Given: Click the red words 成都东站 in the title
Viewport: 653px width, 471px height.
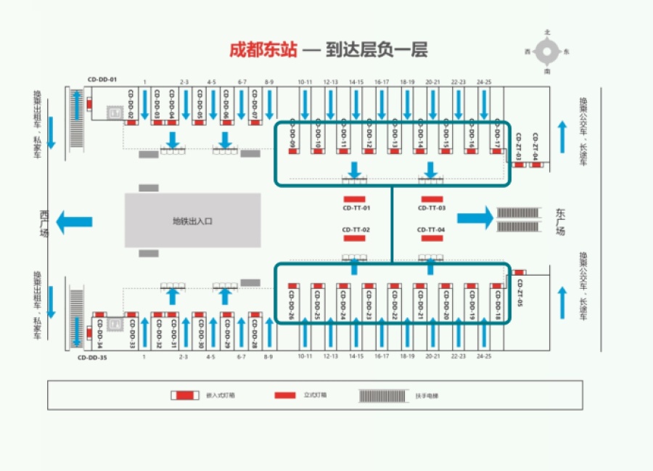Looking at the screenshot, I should tap(263, 50).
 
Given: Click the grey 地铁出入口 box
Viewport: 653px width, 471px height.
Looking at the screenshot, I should tap(192, 220).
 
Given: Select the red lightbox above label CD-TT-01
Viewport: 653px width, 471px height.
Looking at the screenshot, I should tap(354, 199).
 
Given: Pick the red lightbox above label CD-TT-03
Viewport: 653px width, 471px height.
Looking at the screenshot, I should tap(432, 199).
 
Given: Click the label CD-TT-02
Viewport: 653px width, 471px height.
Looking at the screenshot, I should tap(356, 230).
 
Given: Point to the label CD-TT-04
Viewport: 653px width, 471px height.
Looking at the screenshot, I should tap(431, 230).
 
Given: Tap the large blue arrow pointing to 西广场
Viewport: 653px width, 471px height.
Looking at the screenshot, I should tap(74, 221).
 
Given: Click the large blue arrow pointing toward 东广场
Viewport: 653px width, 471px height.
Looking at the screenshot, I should tap(475, 217).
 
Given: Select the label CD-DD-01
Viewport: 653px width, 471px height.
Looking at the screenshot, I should tap(102, 79).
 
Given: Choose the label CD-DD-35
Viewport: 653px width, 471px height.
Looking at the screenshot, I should tap(93, 358).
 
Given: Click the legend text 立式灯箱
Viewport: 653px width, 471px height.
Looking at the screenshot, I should tap(315, 395).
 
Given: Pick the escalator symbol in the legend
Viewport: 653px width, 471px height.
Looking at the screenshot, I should tap(382, 395).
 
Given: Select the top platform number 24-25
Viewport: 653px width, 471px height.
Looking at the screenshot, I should tap(484, 83).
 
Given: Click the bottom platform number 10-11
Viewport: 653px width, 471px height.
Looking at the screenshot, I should tap(305, 356).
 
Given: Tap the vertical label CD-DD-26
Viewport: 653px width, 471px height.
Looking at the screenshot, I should tap(292, 306).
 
